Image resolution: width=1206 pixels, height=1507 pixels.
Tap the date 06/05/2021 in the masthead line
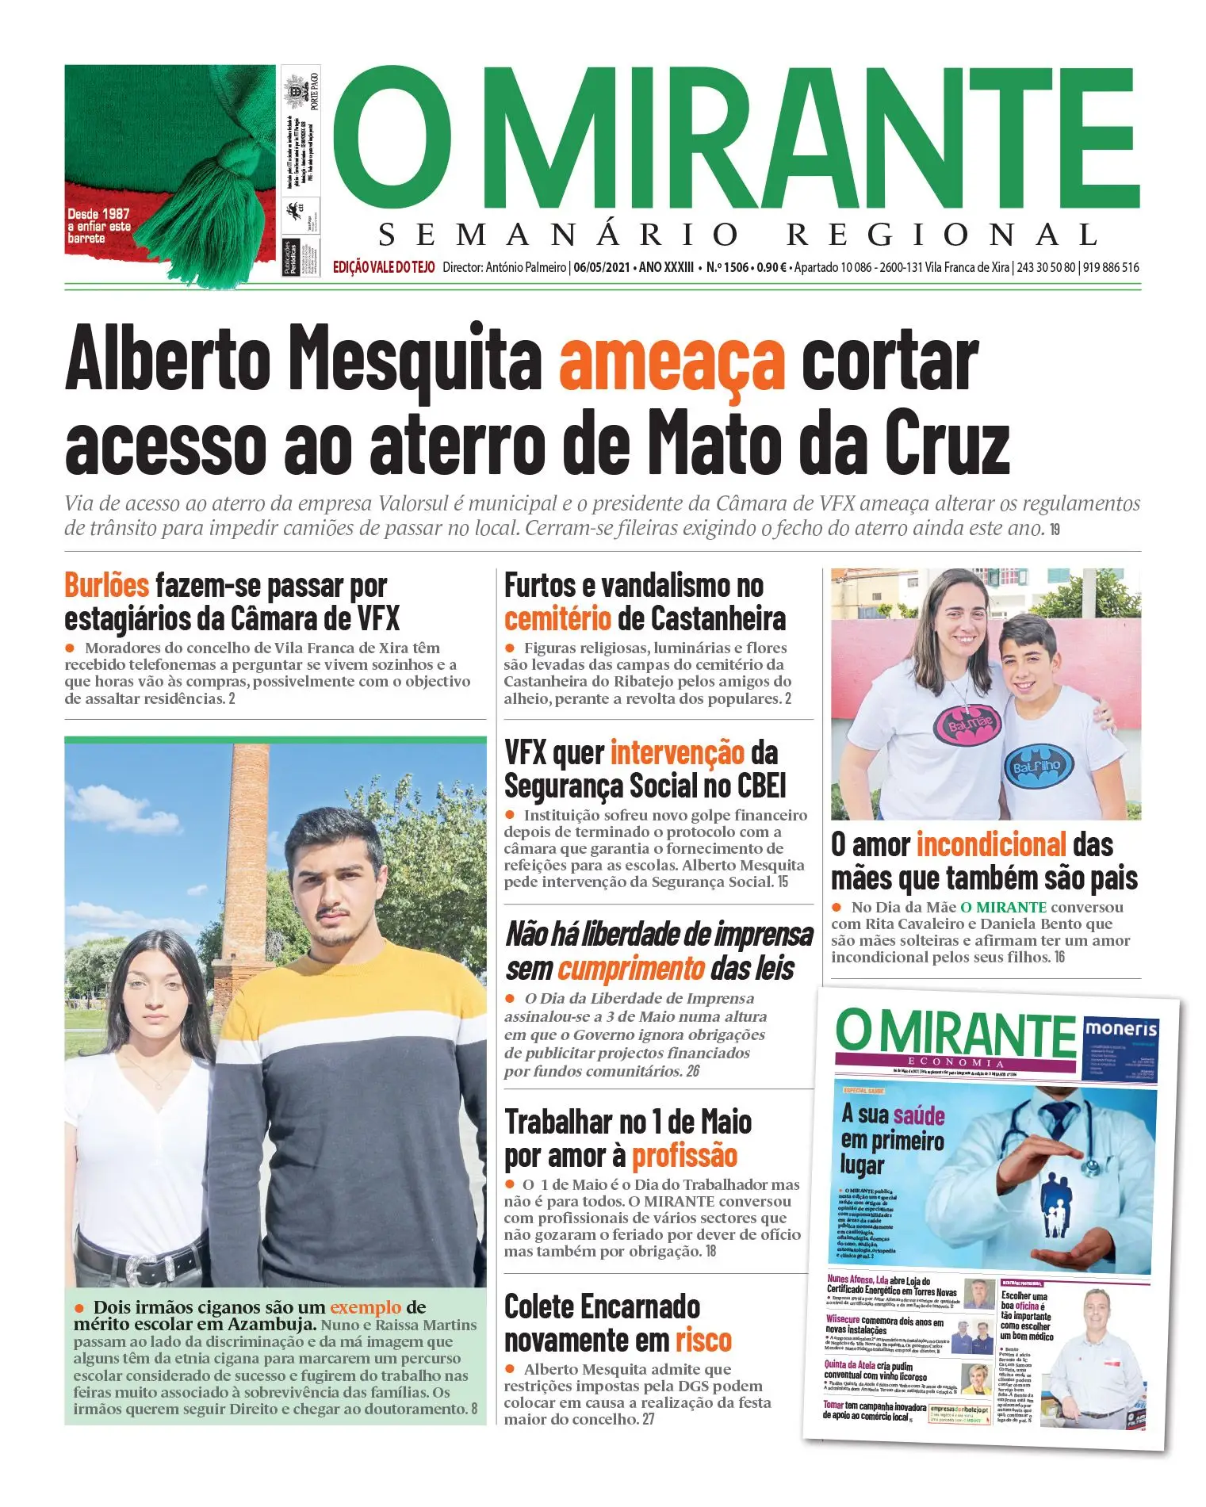coord(602,267)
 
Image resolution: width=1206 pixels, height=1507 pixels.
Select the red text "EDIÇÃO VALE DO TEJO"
coord(384,267)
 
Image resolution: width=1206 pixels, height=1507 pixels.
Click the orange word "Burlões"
coord(106,586)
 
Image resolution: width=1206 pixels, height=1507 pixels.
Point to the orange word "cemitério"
coord(557,619)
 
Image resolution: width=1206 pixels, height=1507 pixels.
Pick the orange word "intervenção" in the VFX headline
coord(677,752)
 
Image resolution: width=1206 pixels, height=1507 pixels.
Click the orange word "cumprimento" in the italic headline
coord(630,969)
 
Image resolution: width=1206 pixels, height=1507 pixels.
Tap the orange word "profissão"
coord(684,1156)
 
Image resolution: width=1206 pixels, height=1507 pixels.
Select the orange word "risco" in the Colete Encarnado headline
coord(703,1341)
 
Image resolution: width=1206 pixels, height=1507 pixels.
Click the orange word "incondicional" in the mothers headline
coord(991,844)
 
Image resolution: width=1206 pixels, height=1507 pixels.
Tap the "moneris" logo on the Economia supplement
coord(1120,1030)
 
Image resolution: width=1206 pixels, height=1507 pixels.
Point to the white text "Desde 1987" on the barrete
coord(98,213)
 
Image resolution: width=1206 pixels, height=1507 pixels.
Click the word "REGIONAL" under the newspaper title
coord(942,235)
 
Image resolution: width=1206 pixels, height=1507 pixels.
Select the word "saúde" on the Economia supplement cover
coord(918,1116)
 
